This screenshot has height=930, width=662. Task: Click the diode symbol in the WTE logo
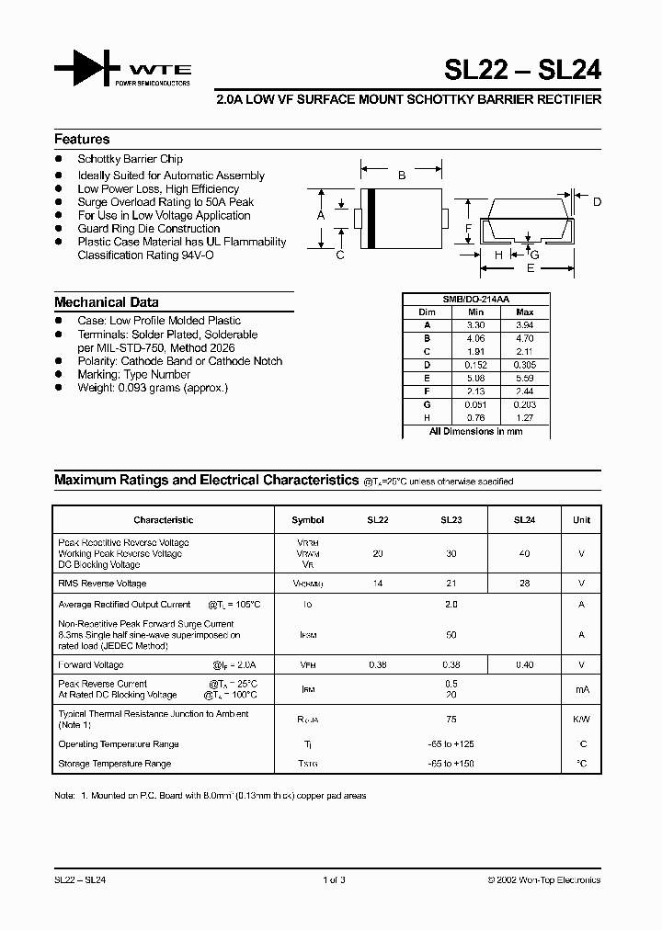[x=87, y=71]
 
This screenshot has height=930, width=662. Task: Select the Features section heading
[x=82, y=140]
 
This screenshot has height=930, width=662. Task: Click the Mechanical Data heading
[x=106, y=302]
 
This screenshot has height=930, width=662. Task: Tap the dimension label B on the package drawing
[x=401, y=175]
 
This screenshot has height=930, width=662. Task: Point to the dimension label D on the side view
[x=597, y=202]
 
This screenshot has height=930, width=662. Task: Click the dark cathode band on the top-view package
[x=371, y=217]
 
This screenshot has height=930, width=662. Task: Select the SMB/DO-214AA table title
[x=475, y=300]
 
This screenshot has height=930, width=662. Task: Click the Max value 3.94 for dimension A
[x=525, y=325]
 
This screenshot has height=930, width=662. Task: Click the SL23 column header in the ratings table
[x=451, y=520]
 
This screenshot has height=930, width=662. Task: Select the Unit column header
[x=581, y=520]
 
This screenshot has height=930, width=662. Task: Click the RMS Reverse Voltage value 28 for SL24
[x=524, y=584]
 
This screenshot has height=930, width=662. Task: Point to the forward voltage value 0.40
[x=524, y=664]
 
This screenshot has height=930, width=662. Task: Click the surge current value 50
[x=451, y=635]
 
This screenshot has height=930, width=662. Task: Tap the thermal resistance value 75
[x=451, y=720]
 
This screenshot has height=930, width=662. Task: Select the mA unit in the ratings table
[x=581, y=689]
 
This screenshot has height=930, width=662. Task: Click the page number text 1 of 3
[x=334, y=880]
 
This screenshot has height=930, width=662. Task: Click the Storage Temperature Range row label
[x=115, y=764]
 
